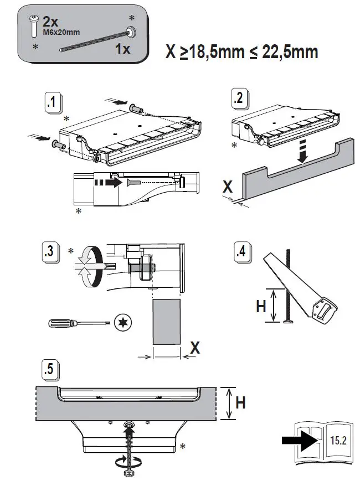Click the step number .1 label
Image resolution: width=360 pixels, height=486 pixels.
(x=52, y=103)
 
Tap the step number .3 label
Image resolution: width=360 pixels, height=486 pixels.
(x=50, y=252)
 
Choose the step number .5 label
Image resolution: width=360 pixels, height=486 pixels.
(x=50, y=369)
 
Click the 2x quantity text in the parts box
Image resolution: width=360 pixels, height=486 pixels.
(x=51, y=22)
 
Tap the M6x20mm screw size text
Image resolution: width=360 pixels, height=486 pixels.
(x=61, y=32)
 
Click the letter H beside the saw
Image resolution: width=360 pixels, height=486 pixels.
(x=261, y=306)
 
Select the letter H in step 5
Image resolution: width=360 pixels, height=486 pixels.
(x=240, y=403)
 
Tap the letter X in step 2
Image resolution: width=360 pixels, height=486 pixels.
(x=228, y=187)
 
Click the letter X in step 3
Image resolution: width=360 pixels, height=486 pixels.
(x=194, y=348)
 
